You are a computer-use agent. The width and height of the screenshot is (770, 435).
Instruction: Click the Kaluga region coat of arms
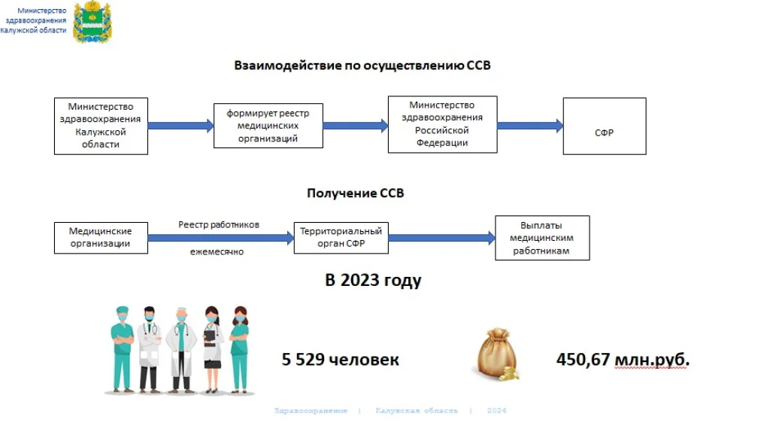click(x=92, y=23)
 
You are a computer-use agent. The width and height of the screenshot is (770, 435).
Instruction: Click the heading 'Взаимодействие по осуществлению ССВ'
click(x=362, y=65)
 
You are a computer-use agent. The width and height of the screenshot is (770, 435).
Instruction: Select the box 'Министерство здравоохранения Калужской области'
click(x=101, y=126)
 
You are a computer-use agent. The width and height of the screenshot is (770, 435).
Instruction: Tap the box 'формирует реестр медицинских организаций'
click(x=268, y=126)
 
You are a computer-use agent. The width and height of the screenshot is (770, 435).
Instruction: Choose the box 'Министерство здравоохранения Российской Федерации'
click(x=442, y=124)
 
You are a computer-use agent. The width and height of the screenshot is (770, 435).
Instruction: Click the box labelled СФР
click(x=605, y=126)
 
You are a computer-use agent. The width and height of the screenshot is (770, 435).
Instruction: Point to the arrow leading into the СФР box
click(x=530, y=126)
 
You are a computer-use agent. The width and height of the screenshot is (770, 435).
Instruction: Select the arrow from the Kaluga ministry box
click(x=180, y=126)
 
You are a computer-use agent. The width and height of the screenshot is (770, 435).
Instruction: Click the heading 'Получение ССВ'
click(x=355, y=193)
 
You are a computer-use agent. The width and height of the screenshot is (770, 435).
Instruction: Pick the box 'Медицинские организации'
click(x=101, y=238)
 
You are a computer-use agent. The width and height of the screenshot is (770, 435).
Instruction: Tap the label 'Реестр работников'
click(x=219, y=224)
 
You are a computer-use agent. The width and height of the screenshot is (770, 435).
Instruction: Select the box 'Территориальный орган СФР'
click(x=341, y=238)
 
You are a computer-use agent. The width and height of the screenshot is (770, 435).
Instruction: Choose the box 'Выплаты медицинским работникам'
click(x=541, y=238)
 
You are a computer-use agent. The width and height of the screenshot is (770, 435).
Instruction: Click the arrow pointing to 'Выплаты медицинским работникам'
click(x=441, y=238)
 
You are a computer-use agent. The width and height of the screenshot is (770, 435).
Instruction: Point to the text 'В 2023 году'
click(x=373, y=281)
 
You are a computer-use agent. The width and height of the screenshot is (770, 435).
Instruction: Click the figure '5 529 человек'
click(x=340, y=360)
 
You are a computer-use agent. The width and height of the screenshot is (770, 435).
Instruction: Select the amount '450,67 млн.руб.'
click(x=623, y=360)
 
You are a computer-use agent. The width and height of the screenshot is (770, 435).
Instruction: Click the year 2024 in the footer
click(x=497, y=411)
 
